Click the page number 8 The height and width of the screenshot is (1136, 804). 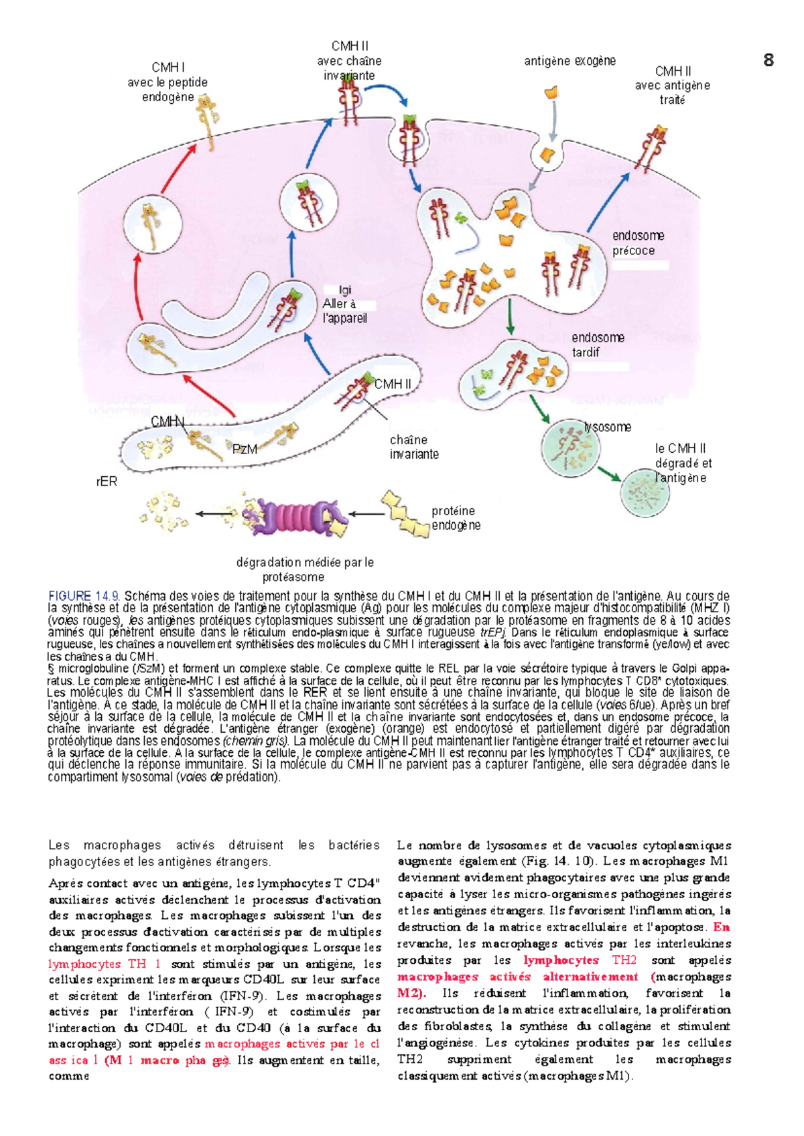[768, 60]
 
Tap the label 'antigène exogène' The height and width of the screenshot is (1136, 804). [569, 61]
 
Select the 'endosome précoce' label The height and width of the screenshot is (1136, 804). [638, 243]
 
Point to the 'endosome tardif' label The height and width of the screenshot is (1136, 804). [598, 345]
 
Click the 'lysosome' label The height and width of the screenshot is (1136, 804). [608, 427]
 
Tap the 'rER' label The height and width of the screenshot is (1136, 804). [107, 482]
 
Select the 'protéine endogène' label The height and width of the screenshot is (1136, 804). [456, 518]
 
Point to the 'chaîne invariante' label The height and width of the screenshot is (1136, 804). [414, 447]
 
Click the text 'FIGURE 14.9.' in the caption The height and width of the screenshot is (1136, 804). [84, 595]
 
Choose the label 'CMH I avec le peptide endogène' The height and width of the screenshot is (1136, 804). [167, 82]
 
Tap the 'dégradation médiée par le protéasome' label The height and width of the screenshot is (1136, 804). [305, 569]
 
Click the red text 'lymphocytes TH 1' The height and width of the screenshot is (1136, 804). [105, 964]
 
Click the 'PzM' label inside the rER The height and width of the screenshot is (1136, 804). [245, 449]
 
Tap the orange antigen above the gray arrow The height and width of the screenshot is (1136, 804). [551, 92]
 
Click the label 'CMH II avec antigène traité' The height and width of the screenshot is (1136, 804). [673, 85]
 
